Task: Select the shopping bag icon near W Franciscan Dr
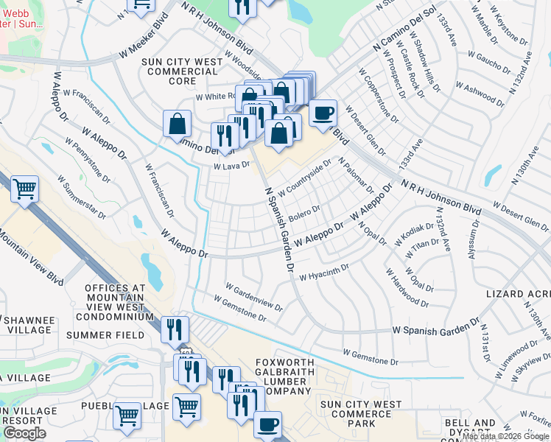pos(178,124)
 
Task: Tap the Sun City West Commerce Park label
pos(360,414)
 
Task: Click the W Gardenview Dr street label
pos(254,296)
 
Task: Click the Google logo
pos(24,433)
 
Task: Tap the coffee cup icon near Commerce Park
pos(267,425)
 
